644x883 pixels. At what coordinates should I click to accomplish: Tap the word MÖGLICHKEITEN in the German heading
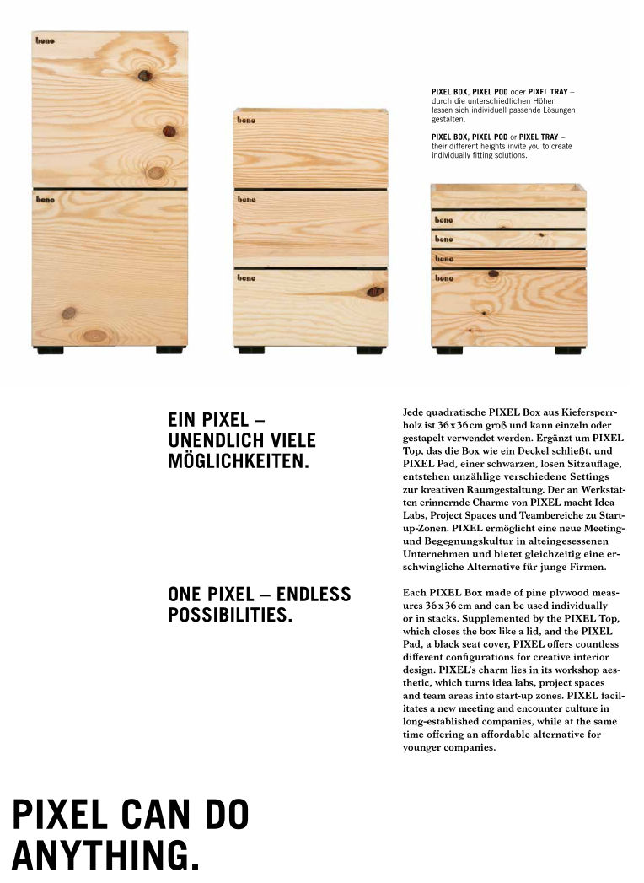tap(239, 463)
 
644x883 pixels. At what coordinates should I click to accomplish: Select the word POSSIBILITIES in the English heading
tap(230, 615)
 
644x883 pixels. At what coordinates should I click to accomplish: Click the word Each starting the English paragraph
tap(416, 593)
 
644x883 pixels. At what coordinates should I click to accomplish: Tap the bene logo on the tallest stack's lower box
tap(45, 200)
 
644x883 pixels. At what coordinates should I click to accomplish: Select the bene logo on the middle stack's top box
tap(246, 121)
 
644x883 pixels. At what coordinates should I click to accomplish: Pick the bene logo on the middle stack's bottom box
tap(246, 277)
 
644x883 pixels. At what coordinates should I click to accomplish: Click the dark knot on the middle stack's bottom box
tap(375, 292)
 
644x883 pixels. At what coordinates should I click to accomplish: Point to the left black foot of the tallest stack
tap(50, 349)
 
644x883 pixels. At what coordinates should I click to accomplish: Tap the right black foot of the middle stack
tap(369, 349)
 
